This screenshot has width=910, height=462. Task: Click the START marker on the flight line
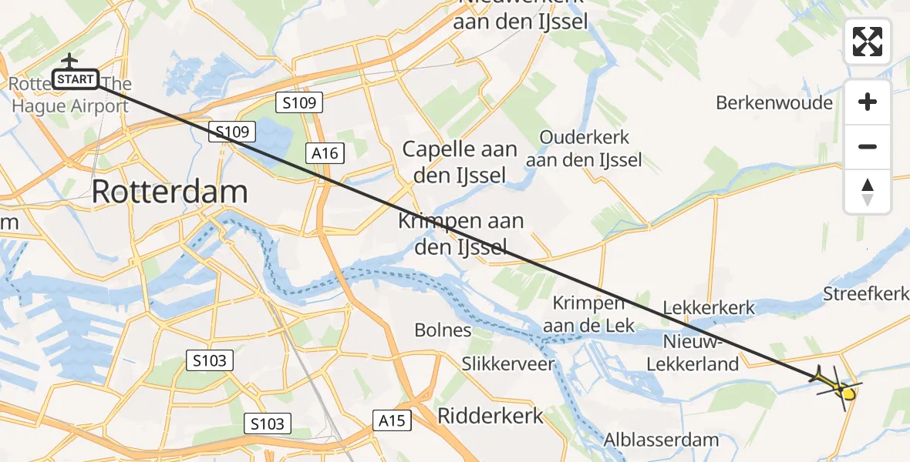point(76,79)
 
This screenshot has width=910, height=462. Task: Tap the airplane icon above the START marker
point(70,60)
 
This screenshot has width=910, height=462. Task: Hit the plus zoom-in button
point(868,102)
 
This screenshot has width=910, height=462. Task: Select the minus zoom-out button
point(868,146)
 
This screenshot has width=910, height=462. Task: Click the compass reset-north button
point(868,191)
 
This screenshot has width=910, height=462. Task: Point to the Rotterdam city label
point(170,192)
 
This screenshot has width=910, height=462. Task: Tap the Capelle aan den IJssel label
point(460,162)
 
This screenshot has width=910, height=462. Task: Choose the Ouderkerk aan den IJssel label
point(585,149)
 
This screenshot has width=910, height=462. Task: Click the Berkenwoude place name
point(774,102)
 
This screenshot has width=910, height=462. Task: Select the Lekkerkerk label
point(709,308)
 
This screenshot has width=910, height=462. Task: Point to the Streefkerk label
point(866,294)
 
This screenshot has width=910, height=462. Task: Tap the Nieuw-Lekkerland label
point(700,352)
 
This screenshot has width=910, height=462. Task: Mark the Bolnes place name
point(443,330)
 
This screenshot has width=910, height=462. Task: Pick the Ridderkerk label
point(490,416)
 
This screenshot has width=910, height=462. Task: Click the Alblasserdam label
point(662,440)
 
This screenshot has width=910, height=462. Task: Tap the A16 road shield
point(325,153)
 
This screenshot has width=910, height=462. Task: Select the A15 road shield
point(392,420)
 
